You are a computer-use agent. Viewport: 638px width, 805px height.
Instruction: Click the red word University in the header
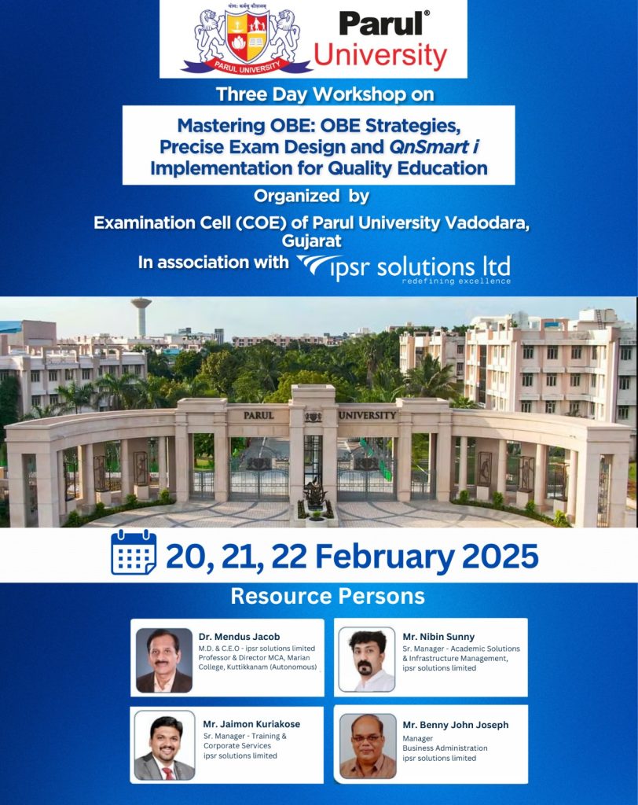pyautogui.click(x=380, y=56)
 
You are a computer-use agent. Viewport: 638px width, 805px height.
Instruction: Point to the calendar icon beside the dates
pyautogui.click(x=134, y=553)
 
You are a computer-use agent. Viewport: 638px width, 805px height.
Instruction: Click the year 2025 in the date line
pyautogui.click(x=500, y=556)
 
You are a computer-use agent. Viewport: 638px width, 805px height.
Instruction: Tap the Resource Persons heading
pyautogui.click(x=327, y=596)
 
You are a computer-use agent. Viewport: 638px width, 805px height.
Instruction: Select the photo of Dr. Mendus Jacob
pyautogui.click(x=163, y=659)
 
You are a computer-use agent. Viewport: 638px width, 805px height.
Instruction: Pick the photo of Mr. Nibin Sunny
pyautogui.click(x=366, y=659)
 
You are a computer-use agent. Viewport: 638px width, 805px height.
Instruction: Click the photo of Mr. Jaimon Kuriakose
pyautogui.click(x=163, y=745)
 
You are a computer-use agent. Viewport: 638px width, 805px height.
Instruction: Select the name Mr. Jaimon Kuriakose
pyautogui.click(x=251, y=724)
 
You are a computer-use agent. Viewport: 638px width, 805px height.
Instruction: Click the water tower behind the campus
pyautogui.click(x=141, y=314)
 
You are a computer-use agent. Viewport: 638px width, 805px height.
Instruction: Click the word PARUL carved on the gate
pyautogui.click(x=258, y=415)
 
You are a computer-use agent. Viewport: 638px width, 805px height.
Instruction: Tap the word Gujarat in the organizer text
pyautogui.click(x=318, y=241)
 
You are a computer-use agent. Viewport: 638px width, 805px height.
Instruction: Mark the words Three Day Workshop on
pyautogui.click(x=324, y=94)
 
